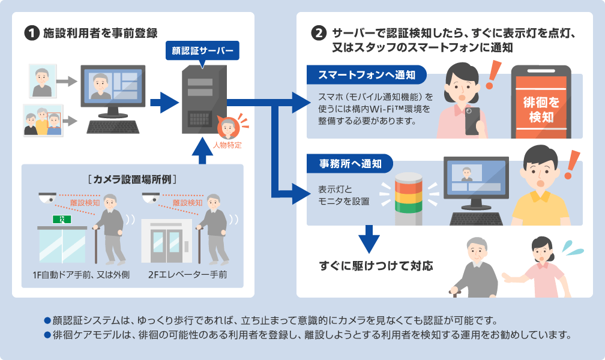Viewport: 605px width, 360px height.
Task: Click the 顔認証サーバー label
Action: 202,50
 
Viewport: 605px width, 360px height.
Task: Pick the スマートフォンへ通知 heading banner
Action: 367,75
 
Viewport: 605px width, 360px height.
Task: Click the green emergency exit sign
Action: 62,220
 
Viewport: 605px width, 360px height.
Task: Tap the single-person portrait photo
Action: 43,81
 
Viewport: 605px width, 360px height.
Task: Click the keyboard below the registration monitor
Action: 113,127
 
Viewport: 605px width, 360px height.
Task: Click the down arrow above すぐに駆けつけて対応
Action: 369,239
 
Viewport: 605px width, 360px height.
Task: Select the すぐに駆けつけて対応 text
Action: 376,265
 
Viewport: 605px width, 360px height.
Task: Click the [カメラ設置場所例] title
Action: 134,178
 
